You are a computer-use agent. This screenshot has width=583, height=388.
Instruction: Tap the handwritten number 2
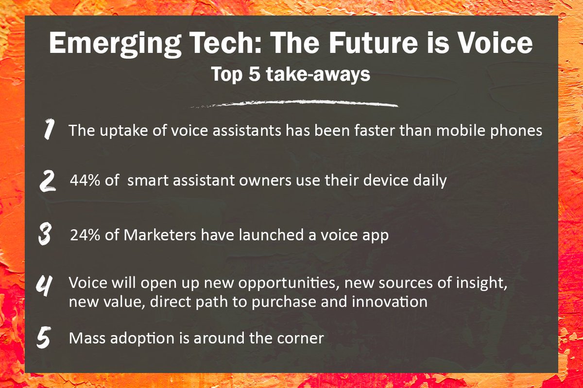[x=48, y=181]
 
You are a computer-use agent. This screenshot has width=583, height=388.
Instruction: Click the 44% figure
[x=84, y=181]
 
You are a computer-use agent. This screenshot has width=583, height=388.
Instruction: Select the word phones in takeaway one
[x=518, y=131]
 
